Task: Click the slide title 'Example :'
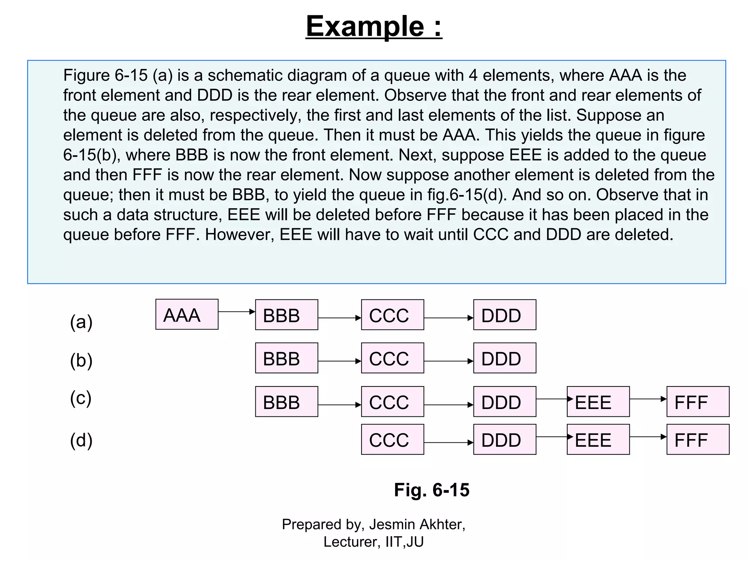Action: pos(374,26)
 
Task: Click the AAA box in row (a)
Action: pos(187,314)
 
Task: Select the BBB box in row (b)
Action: pos(286,358)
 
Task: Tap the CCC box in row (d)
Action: pos(392,439)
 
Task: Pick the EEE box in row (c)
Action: pos(598,402)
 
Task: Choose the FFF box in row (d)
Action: pos(698,439)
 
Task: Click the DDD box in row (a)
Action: pos(504,315)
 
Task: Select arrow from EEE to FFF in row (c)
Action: pos(648,399)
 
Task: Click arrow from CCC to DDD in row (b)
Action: pos(448,361)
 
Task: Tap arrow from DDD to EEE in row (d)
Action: pos(551,436)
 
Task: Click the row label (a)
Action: pos(81,322)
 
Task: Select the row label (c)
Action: pos(81,398)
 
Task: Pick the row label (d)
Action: pos(81,440)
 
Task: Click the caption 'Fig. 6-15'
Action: pos(431,490)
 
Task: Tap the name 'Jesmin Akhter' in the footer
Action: pos(417,524)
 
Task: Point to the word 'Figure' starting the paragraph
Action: pos(86,76)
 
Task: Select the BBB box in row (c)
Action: pos(286,402)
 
